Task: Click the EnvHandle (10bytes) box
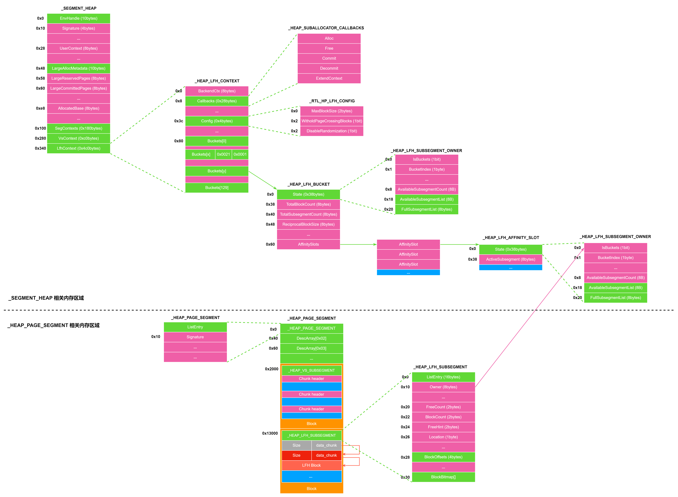click(x=78, y=18)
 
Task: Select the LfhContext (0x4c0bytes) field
click(x=78, y=148)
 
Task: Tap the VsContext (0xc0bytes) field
click(x=78, y=138)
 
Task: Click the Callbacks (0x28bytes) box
click(x=217, y=101)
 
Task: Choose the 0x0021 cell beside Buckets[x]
click(x=223, y=154)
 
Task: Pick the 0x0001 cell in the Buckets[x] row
click(x=240, y=154)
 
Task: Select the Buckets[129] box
click(x=217, y=188)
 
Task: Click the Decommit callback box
click(x=329, y=68)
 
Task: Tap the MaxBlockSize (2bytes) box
click(x=332, y=111)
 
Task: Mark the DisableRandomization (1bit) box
click(x=332, y=131)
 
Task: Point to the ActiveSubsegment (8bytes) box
click(x=510, y=259)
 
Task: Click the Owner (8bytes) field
click(x=443, y=387)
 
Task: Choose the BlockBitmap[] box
click(x=443, y=477)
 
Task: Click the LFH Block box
click(x=312, y=465)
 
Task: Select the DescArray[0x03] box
click(x=312, y=348)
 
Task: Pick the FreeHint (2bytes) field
click(x=443, y=427)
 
